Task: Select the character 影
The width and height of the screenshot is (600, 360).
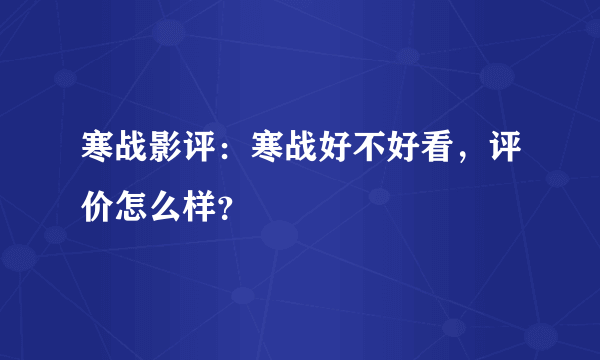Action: pos(162,151)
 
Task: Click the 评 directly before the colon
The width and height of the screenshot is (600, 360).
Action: pos(195,151)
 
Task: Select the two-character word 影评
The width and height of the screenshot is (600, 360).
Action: pos(178,151)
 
